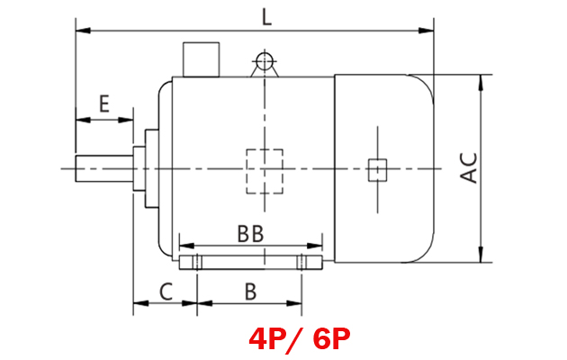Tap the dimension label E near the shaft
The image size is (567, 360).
[104, 103]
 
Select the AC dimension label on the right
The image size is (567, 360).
[469, 167]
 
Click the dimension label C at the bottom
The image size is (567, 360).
[166, 290]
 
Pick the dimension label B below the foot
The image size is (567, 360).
[250, 290]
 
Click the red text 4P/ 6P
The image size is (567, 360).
[300, 339]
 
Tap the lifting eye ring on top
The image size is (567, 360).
[264, 61]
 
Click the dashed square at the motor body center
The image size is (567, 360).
[265, 170]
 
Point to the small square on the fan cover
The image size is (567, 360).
[377, 168]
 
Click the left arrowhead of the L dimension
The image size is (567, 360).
[80, 31]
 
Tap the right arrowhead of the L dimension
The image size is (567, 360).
[429, 31]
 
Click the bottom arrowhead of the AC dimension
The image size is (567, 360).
[483, 258]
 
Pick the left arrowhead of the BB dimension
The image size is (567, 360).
[184, 245]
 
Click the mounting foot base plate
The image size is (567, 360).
[251, 263]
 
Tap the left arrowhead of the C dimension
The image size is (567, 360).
[138, 304]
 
